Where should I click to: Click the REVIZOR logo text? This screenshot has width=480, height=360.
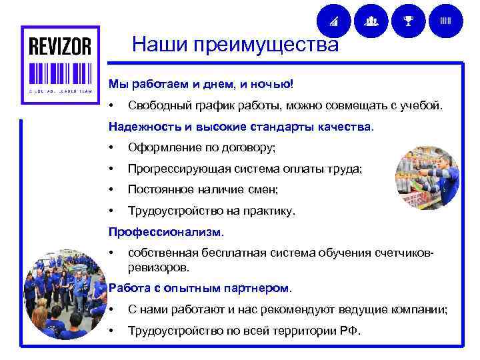[x=59, y=47]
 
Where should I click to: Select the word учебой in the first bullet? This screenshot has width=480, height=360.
[x=420, y=105]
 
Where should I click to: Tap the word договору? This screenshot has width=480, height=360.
[x=249, y=147]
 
